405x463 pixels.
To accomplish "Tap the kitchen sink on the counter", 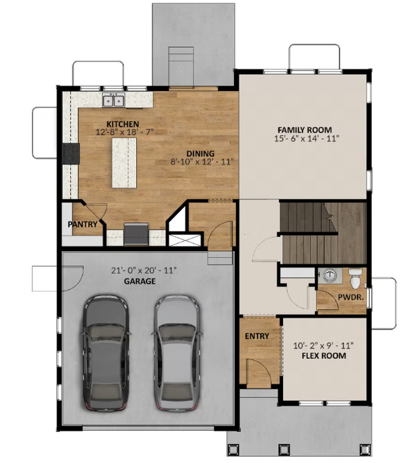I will tap(113, 101).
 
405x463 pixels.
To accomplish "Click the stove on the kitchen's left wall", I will tap(70, 154).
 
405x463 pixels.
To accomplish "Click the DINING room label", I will tap(200, 153).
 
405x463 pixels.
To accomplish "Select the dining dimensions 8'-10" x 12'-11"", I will tap(202, 162).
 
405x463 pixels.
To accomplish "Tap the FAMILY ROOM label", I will tap(304, 130).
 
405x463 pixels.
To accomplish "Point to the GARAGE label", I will tap(140, 281).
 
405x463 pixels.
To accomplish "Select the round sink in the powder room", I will tap(329, 276).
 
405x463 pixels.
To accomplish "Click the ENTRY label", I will tap(256, 336).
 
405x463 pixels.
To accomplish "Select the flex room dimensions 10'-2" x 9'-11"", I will tap(324, 345).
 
